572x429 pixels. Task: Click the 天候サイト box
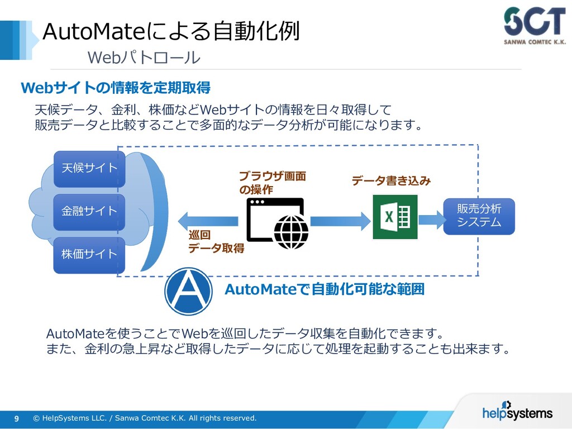tap(89, 168)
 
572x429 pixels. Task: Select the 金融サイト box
tap(89, 212)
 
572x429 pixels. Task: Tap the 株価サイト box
tap(89, 255)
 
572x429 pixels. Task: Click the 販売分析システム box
tap(479, 216)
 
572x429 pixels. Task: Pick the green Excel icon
tap(395, 217)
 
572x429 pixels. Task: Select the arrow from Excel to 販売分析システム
tap(430, 217)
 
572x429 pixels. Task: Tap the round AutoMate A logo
tap(188, 291)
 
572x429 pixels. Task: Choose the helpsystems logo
tap(517, 412)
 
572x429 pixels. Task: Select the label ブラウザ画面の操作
tap(272, 183)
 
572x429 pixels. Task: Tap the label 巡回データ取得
tap(216, 241)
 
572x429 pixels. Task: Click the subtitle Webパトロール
tap(143, 58)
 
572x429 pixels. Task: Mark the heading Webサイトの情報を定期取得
tap(115, 88)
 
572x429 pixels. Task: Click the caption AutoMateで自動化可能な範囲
tap(324, 289)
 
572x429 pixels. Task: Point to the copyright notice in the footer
tap(145, 418)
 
